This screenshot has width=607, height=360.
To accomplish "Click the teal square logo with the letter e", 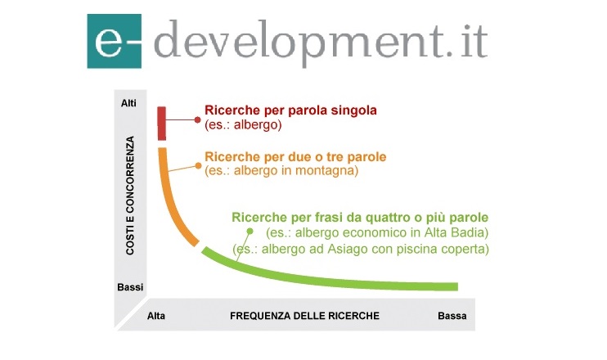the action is point(115,41).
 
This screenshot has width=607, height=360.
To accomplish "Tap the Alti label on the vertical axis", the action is point(128,103).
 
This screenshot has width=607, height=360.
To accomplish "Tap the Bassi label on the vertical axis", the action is point(130,287).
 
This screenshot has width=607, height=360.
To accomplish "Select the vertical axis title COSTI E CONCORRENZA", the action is point(130,196).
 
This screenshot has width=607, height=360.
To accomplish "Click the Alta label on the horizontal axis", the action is point(156,316).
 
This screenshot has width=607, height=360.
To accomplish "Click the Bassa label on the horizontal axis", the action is point(452,316).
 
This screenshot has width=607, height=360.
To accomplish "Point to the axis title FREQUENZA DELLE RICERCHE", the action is point(304,316).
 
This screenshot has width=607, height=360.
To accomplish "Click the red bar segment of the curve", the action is point(162,124).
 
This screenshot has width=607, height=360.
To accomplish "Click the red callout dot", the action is point(197,120).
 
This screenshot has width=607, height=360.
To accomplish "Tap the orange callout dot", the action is point(198,165).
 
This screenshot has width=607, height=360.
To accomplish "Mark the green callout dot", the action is point(250,232).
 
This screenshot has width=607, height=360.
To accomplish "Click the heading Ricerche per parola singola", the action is point(290,110).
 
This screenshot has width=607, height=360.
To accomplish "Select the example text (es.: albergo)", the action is point(243,124).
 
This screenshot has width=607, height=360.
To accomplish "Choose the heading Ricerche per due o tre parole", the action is point(295,157).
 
